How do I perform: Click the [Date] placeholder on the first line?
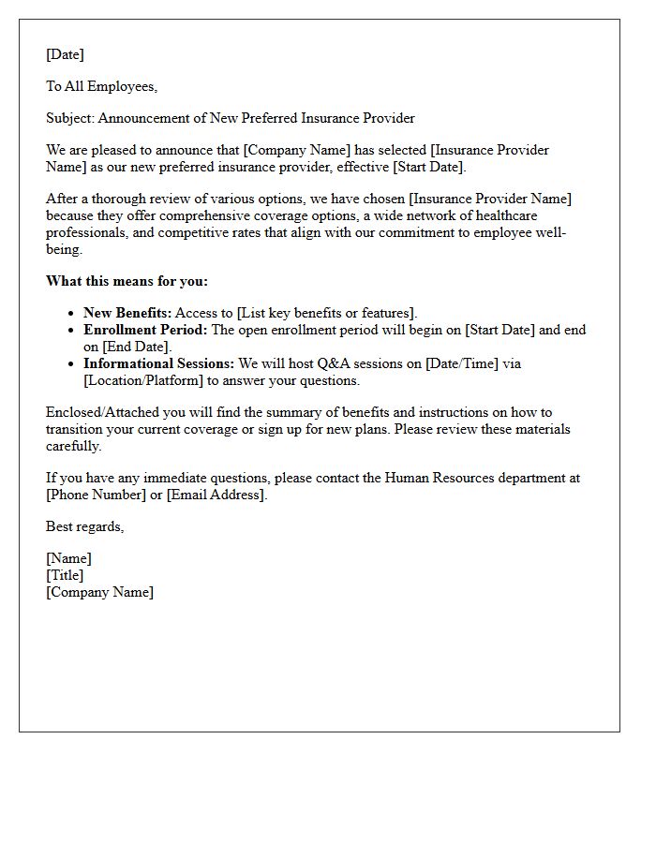[65, 55]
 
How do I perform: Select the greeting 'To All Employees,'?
[102, 87]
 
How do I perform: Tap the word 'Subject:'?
[70, 119]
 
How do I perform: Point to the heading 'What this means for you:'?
[127, 281]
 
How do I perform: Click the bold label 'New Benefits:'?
[127, 314]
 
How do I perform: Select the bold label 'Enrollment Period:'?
[145, 331]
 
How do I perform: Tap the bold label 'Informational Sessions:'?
[159, 364]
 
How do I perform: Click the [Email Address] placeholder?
[216, 495]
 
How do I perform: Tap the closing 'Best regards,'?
[85, 526]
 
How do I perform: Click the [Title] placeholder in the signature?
[65, 575]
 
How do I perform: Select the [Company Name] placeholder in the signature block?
[99, 592]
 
